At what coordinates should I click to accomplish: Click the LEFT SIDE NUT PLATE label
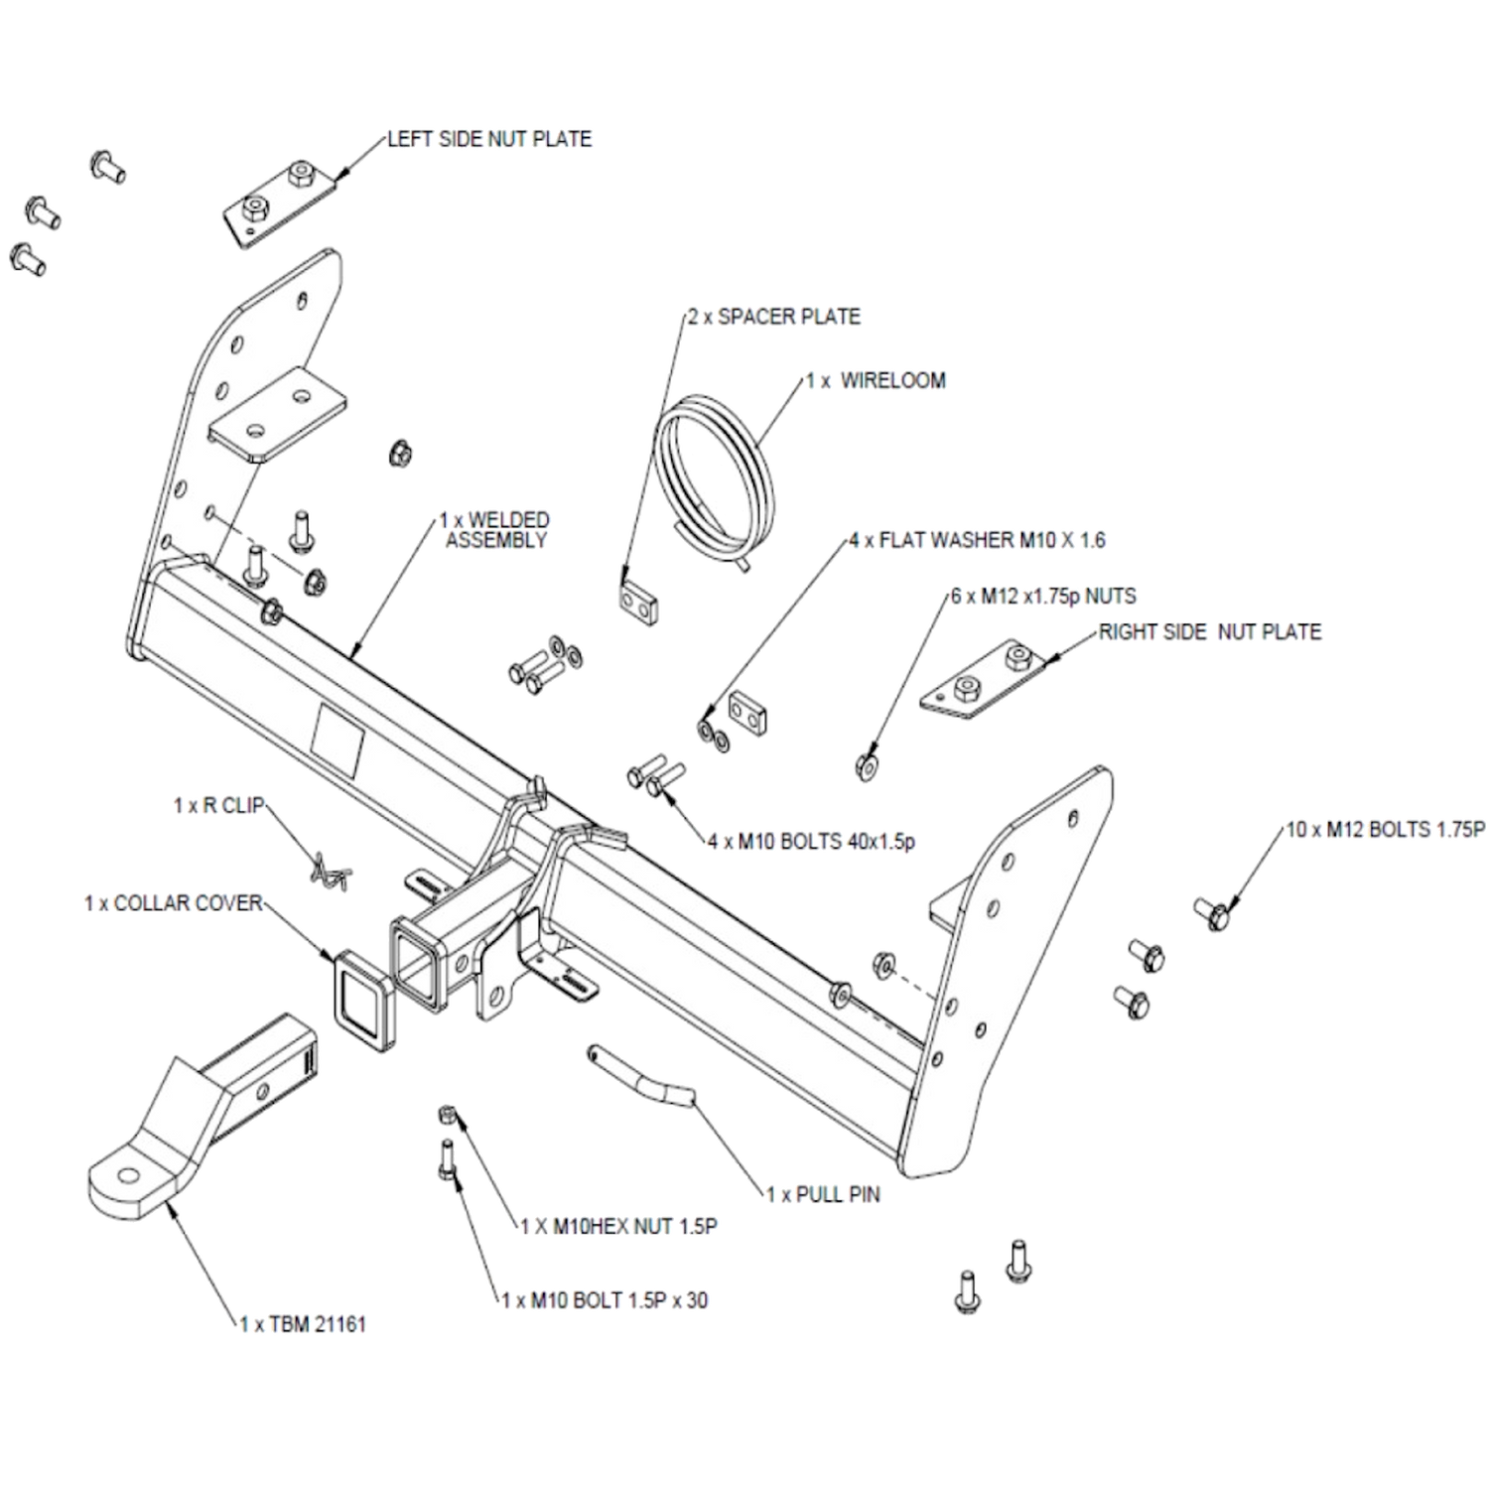tap(489, 139)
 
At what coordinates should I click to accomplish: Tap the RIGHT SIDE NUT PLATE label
tap(1210, 632)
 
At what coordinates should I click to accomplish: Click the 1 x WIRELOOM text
tap(876, 380)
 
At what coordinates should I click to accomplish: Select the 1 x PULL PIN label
tap(823, 1194)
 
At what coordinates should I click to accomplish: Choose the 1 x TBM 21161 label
tap(303, 1324)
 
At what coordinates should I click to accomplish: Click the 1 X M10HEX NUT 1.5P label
tap(619, 1227)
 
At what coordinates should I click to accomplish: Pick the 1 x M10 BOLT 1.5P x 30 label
tap(605, 1300)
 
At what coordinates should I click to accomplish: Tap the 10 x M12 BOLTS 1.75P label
tap(1386, 829)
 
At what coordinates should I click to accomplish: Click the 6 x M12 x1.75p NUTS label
tap(1043, 596)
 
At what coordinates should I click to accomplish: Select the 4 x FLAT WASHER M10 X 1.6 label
tap(978, 540)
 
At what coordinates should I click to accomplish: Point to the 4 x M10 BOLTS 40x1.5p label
tap(812, 842)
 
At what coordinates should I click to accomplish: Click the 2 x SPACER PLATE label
tap(774, 317)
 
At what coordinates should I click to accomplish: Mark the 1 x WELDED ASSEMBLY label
tap(494, 530)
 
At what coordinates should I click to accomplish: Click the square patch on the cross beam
tap(338, 739)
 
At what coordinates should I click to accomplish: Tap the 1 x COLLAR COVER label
tap(174, 903)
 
